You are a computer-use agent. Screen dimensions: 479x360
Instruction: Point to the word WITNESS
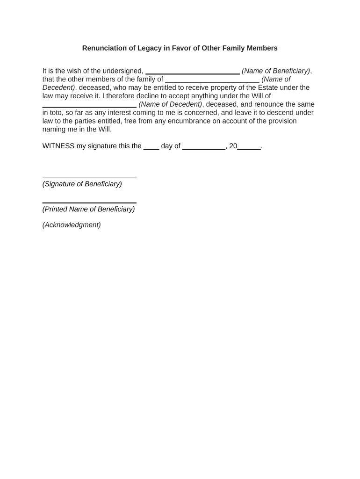(x=58, y=146)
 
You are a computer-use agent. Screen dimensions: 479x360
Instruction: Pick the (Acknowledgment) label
(x=72, y=225)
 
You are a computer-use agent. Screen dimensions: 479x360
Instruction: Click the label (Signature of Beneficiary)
(x=82, y=184)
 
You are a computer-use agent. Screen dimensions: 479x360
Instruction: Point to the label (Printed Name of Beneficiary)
(x=89, y=210)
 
